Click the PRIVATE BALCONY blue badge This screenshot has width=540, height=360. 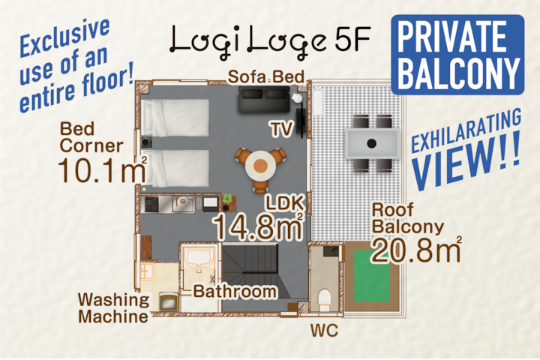pyautogui.click(x=457, y=55)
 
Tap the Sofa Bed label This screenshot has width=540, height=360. pyautogui.click(x=265, y=76)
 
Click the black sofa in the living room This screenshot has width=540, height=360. pyautogui.click(x=265, y=100)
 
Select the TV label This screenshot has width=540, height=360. pyautogui.click(x=282, y=129)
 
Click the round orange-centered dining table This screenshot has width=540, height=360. pyautogui.click(x=261, y=166)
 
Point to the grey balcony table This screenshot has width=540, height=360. pyautogui.click(x=372, y=143)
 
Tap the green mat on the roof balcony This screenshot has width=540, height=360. pyautogui.click(x=372, y=276)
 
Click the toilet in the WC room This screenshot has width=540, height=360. pyautogui.click(x=324, y=298)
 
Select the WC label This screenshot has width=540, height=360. pyautogui.click(x=324, y=331)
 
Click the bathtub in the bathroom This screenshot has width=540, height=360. pyautogui.click(x=199, y=257)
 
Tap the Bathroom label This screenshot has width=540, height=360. pyautogui.click(x=235, y=292)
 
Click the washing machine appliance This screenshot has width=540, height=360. pyautogui.click(x=169, y=301)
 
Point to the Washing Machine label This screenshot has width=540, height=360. pyautogui.click(x=114, y=308)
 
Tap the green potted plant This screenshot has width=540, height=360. pyautogui.click(x=227, y=199)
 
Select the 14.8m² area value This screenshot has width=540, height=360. pyautogui.click(x=258, y=226)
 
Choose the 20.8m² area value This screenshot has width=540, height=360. pyautogui.click(x=416, y=250)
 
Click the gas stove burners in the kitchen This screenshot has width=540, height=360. pyautogui.click(x=151, y=204)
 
